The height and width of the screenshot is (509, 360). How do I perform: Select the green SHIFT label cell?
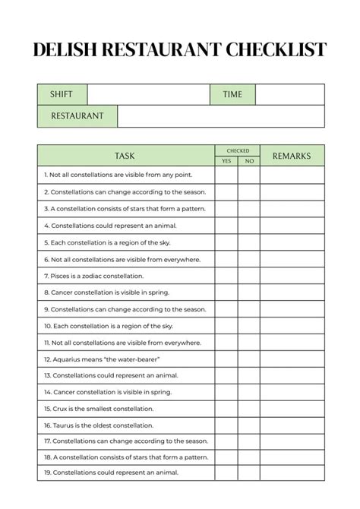[x=62, y=94]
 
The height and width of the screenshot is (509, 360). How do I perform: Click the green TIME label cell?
[x=232, y=94]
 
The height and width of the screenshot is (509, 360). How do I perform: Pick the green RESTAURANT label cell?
[x=77, y=116]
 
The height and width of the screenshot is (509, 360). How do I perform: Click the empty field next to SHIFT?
[x=148, y=94]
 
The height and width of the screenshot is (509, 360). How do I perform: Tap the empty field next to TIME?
[x=289, y=94]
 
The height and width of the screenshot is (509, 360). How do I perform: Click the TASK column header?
[x=125, y=156]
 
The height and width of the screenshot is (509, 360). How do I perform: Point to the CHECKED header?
[x=237, y=150]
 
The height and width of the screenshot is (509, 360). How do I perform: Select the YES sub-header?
[x=226, y=161]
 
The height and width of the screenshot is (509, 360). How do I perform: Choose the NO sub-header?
[x=249, y=161]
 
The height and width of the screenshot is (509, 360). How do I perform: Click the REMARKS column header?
[x=292, y=156]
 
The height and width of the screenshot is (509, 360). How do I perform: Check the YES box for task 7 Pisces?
[x=226, y=276]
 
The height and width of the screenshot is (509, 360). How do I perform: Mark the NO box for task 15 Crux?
[x=249, y=409]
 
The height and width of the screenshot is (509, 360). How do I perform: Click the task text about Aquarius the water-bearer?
[x=101, y=359]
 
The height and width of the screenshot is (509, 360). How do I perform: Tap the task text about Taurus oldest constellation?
[x=99, y=425]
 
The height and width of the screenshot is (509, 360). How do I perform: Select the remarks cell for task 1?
[x=292, y=175]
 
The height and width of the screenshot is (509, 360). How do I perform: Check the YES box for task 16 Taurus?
[x=226, y=425]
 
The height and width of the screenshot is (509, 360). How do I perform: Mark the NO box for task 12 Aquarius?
[x=249, y=359]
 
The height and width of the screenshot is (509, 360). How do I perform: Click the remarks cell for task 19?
[x=292, y=473]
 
